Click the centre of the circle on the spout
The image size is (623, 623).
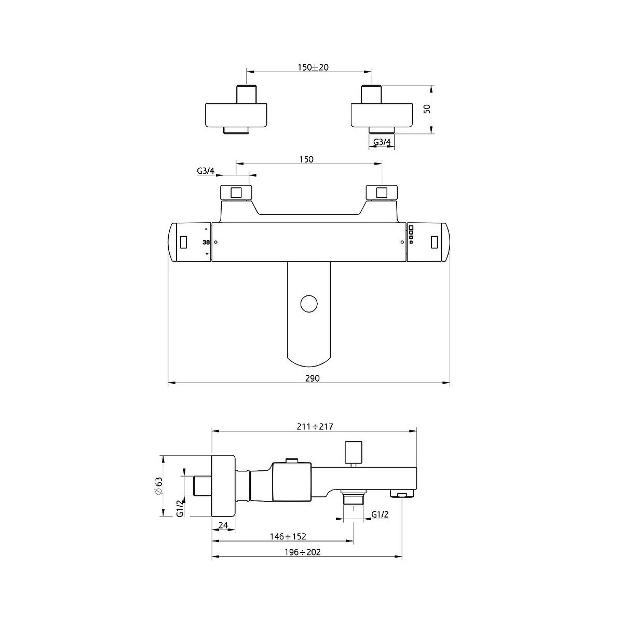308,304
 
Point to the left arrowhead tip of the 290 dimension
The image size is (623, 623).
168,383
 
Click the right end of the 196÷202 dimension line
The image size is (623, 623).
401,557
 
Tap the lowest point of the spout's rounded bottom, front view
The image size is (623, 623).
309,367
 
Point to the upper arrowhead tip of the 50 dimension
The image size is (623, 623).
431,85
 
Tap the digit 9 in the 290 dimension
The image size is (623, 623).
312,378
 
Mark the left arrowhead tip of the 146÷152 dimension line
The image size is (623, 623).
212,540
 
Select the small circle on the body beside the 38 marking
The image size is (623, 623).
216,242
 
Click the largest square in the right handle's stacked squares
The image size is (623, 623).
411,227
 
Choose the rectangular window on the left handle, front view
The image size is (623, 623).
183,241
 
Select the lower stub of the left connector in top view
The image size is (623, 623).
236,130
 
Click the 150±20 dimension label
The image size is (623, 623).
313,67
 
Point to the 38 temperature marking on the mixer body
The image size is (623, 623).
206,242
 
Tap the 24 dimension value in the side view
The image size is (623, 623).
223,525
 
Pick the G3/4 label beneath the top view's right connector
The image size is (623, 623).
382,142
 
